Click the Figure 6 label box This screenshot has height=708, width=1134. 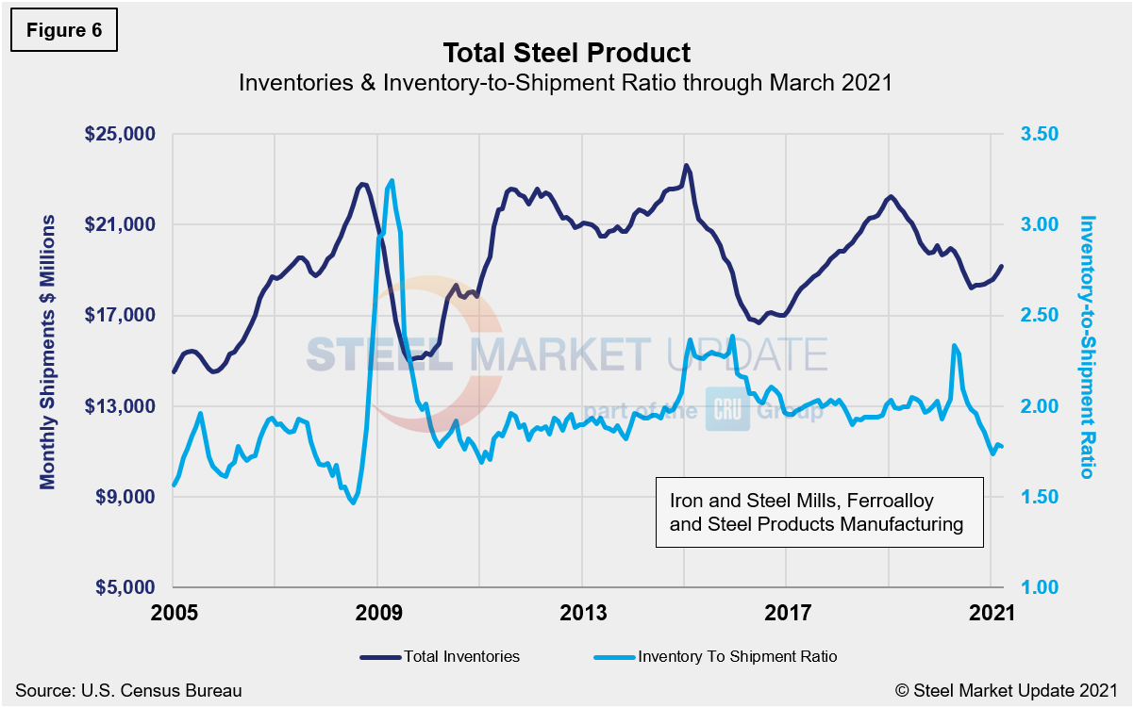coord(64,31)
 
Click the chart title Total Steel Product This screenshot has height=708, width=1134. coord(566,53)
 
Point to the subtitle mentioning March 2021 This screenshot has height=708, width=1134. coord(566,82)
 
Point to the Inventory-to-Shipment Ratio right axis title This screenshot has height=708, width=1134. coord(1087,347)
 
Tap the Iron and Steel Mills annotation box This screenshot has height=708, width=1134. coord(819,512)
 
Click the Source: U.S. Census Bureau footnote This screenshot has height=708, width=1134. coord(128,690)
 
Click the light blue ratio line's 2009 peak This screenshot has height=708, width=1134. coord(391,180)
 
